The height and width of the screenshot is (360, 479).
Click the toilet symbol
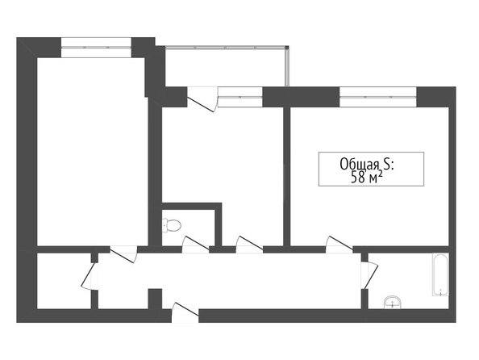172,225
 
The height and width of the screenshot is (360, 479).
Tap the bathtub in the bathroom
440,274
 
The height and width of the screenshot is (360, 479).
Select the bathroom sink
392,302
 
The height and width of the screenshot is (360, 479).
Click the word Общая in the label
360,164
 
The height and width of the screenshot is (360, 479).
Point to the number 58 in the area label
358,178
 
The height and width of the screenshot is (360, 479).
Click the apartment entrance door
185,312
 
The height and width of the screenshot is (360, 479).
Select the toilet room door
195,245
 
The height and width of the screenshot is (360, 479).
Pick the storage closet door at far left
90,276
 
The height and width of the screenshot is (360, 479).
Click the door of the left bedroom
123,254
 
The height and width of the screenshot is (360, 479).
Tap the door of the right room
339,245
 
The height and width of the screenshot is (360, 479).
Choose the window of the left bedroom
96,48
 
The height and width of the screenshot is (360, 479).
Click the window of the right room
378,97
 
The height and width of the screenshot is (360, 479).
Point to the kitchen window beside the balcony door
240,97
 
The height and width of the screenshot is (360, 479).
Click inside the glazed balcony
226,67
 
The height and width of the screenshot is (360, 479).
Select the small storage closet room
64,281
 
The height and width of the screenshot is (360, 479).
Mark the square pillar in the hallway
155,299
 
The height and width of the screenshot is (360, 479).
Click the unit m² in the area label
376,177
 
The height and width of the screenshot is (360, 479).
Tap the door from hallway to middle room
249,245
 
